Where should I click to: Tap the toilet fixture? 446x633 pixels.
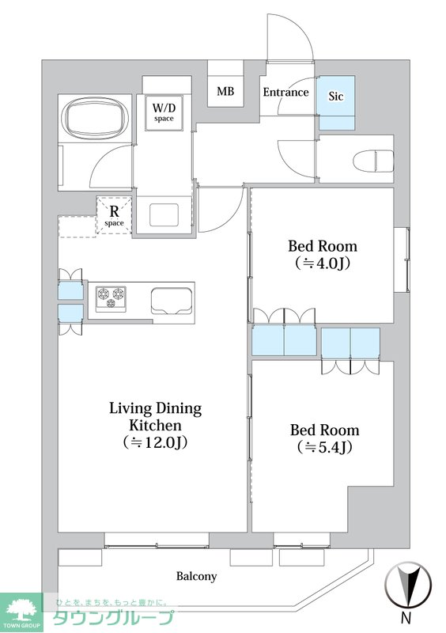pos(373,161)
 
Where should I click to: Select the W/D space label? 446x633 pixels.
pos(164,112)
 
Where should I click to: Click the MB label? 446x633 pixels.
pos(225,91)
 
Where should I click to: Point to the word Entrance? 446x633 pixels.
pos(285,93)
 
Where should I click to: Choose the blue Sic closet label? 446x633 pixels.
pos(335,96)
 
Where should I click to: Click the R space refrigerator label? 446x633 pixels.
pos(114,215)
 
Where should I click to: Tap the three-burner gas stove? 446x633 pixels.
pos(111,298)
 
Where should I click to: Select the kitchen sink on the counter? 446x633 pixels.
pos(172,301)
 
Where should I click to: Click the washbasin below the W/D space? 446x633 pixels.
pos(164,214)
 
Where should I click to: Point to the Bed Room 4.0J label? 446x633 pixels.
pos(323,254)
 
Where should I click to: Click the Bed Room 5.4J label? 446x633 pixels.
pos(324,438)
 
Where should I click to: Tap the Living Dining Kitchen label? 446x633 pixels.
pos(156,425)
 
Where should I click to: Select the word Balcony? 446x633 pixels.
pos(197,576)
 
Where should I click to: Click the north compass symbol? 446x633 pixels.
pos(408,584)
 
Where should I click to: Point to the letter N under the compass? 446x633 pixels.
pos(406,617)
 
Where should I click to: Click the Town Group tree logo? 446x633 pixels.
pos(21,610)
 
